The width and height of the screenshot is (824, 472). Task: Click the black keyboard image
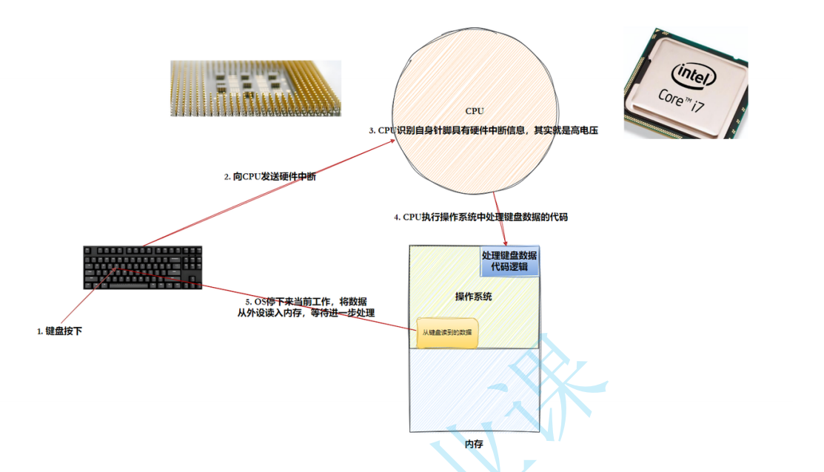click(x=143, y=267)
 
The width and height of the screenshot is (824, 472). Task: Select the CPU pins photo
click(x=256, y=88)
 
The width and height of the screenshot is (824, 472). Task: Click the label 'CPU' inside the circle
click(x=475, y=111)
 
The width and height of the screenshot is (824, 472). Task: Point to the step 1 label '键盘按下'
click(x=59, y=331)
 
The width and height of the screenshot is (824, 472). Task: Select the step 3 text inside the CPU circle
click(x=483, y=130)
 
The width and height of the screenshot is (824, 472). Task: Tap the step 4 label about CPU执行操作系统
click(x=480, y=218)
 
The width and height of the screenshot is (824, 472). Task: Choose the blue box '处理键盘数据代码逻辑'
click(x=509, y=261)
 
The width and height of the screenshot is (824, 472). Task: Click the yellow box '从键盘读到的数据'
click(x=446, y=332)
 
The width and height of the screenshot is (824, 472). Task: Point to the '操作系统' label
click(x=474, y=297)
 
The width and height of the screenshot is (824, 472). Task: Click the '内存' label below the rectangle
click(x=474, y=444)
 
